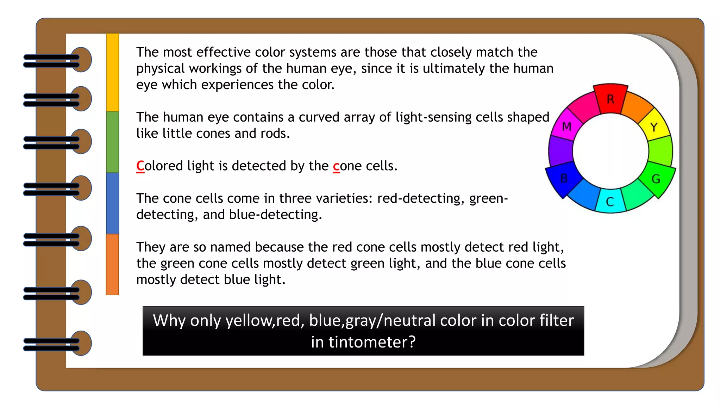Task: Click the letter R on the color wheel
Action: [610, 99]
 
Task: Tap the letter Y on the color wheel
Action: [654, 127]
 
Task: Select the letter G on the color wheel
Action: [656, 179]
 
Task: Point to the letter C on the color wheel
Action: [610, 202]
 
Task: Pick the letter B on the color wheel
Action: [564, 179]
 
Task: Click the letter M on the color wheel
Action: [566, 126]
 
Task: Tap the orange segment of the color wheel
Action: [637, 105]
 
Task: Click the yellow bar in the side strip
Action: [113, 73]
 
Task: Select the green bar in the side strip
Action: [113, 142]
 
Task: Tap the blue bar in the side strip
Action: [113, 203]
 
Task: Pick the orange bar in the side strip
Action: [113, 264]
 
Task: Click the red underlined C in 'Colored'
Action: [140, 166]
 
